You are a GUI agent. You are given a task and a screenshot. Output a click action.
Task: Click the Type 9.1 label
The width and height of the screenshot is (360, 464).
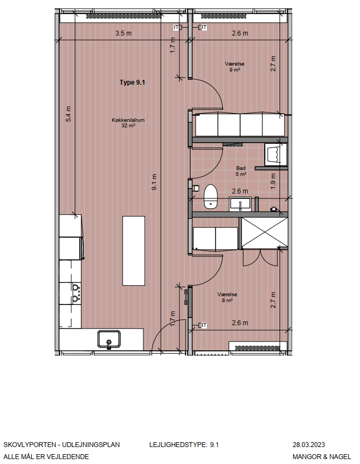tap(132, 83)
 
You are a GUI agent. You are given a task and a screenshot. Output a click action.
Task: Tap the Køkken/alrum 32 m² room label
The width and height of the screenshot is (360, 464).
tap(128, 122)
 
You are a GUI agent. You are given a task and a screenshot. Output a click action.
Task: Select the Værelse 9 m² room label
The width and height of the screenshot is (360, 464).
tap(234, 67)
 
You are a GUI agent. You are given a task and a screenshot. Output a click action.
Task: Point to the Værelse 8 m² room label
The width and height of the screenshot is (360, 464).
tap(227, 297)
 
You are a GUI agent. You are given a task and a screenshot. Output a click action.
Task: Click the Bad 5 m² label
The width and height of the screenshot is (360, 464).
tap(241, 171)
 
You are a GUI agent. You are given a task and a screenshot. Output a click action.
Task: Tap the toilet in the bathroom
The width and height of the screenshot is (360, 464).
tap(211, 197)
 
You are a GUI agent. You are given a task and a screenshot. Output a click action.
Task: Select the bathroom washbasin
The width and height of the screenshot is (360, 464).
tap(240, 204)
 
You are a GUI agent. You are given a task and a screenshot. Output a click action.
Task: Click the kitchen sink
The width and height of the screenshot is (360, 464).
tap(109, 339)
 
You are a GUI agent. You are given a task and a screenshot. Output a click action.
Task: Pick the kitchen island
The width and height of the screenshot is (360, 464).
tap(133, 251)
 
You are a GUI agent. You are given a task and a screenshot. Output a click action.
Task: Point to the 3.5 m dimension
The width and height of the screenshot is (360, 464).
tap(123, 33)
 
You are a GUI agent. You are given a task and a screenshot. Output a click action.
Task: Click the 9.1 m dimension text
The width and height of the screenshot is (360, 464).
tap(154, 182)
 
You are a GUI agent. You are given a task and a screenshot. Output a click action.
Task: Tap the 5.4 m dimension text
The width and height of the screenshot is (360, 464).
tap(68, 114)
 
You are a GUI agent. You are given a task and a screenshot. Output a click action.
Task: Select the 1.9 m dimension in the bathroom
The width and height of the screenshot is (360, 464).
tap(273, 181)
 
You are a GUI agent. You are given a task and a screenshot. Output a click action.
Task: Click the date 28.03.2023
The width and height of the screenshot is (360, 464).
tap(309, 445)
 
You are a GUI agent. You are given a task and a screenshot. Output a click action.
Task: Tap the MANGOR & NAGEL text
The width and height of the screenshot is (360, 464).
tap(322, 456)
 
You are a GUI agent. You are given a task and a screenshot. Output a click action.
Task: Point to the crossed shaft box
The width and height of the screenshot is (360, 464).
tap(265, 233)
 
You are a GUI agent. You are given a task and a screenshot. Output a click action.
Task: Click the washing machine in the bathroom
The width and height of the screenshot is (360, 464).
tap(276, 154)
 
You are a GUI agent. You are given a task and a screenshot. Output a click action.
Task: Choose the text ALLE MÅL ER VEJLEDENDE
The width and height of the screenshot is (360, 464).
tap(46, 456)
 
